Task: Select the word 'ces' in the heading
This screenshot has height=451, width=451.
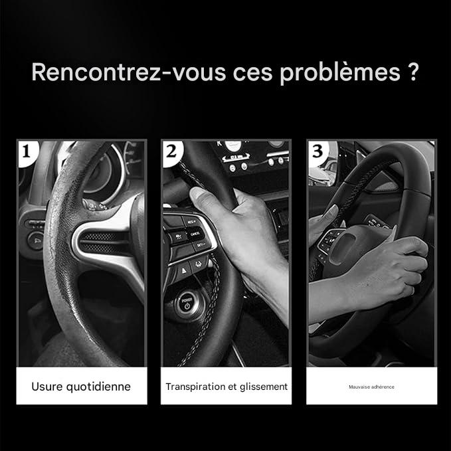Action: click(x=252, y=72)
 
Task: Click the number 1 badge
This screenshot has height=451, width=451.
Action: click(x=27, y=151)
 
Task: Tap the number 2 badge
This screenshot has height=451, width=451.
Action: click(x=171, y=151)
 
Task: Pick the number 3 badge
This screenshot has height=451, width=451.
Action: click(x=317, y=151)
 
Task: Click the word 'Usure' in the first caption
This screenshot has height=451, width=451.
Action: click(x=46, y=386)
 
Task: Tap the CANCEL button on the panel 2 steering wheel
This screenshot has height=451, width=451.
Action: click(x=194, y=234)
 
